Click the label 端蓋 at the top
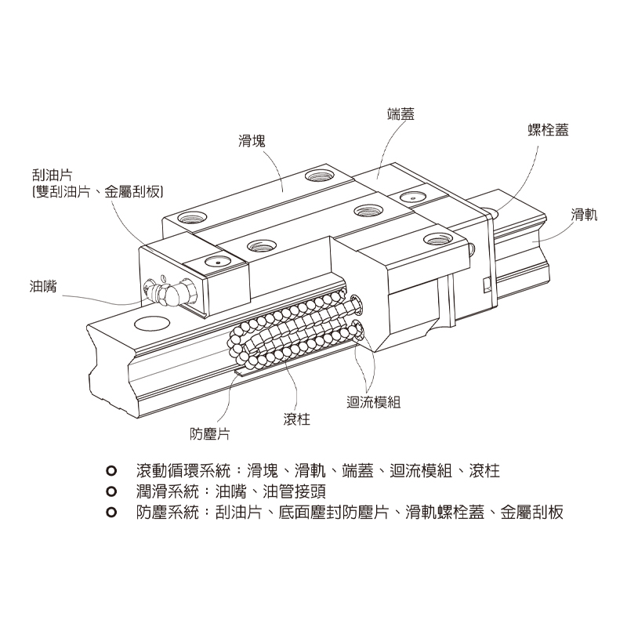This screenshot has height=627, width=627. pyautogui.click(x=400, y=114)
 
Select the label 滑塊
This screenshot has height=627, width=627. pyautogui.click(x=252, y=142)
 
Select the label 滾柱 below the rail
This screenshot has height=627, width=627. pyautogui.click(x=297, y=419)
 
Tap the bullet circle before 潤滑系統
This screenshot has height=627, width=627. pyautogui.click(x=111, y=492)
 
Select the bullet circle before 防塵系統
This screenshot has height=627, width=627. pyautogui.click(x=111, y=513)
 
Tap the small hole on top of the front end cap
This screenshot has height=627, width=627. pyautogui.click(x=212, y=262)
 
